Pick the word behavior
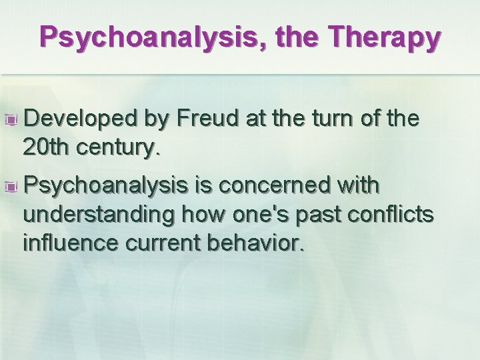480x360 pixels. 259,243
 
